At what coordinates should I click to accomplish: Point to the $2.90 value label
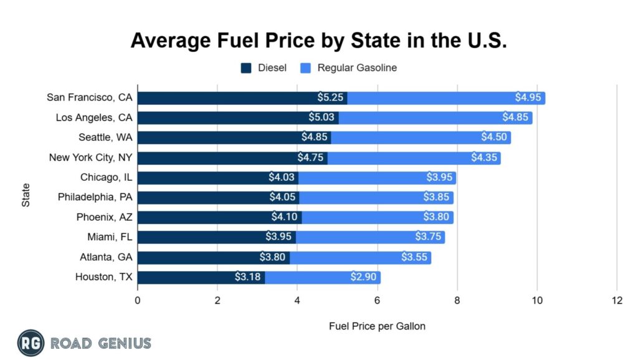[363, 277]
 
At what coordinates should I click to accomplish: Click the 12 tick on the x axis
[617, 300]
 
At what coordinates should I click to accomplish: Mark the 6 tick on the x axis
[377, 300]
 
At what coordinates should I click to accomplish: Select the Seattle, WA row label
[105, 137]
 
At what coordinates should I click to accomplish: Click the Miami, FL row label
[110, 237]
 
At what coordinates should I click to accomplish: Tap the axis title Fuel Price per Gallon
[377, 326]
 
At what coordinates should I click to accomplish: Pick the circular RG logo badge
[31, 342]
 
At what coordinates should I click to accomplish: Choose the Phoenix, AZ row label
[106, 217]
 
